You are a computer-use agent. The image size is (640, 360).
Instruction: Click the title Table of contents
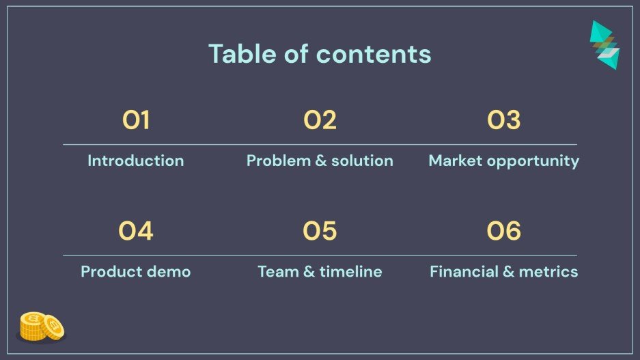click(x=320, y=54)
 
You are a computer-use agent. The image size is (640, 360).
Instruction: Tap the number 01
click(x=136, y=121)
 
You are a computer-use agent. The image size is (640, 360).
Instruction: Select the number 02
click(x=320, y=121)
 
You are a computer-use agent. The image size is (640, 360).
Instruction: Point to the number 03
click(x=504, y=121)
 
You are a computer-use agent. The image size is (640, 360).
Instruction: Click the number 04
click(x=136, y=232)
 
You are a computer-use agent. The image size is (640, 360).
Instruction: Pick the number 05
click(x=320, y=232)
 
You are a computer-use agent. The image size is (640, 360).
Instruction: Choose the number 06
click(x=504, y=232)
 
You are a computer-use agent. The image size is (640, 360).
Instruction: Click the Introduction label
click(x=136, y=161)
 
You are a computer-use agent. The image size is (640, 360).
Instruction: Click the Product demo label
click(x=136, y=272)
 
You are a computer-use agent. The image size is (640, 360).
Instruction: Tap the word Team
click(x=277, y=272)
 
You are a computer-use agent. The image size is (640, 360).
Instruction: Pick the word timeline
click(x=350, y=272)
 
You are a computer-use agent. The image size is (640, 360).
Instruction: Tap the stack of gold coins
click(x=42, y=327)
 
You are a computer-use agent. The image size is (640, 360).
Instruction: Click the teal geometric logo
click(x=604, y=44)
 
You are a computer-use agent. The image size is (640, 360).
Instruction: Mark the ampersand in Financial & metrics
click(x=508, y=272)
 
